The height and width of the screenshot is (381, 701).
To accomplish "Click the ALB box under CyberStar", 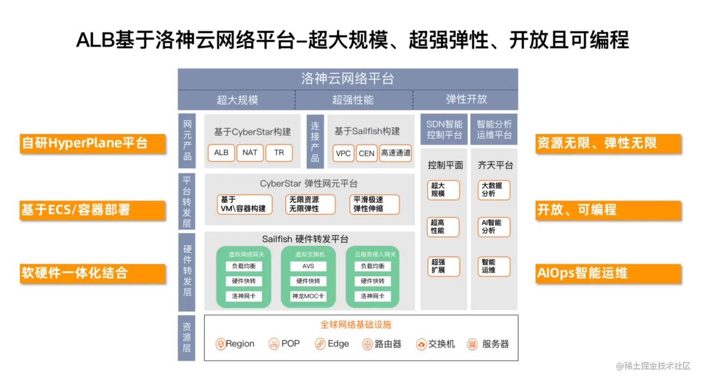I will click(x=221, y=153).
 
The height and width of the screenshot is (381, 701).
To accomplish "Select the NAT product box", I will click(x=250, y=153).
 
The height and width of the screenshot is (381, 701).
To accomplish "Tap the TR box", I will click(x=279, y=153).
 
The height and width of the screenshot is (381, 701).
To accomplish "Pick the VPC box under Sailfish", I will click(x=343, y=153).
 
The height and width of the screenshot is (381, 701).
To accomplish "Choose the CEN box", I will click(x=366, y=153).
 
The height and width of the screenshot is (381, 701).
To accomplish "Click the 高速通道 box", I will click(x=395, y=153).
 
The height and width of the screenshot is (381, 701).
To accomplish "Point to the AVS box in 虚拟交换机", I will click(x=308, y=266).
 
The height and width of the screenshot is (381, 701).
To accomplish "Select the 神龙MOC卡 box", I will click(x=308, y=296).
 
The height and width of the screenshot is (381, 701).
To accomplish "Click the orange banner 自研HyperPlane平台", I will click(x=92, y=143).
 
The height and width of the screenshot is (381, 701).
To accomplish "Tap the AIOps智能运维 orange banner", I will click(x=608, y=273).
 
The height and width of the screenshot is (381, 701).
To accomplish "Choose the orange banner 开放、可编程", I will click(x=608, y=210).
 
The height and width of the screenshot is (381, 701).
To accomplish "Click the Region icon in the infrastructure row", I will click(x=221, y=344).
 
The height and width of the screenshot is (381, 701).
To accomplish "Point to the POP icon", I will click(x=274, y=344).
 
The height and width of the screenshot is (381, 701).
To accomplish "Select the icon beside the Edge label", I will click(x=320, y=344).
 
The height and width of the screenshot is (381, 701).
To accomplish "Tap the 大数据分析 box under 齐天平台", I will click(x=494, y=190).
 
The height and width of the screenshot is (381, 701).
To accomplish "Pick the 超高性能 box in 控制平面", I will click(x=443, y=227).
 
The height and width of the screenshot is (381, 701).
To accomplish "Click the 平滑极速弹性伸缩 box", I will click(x=374, y=204).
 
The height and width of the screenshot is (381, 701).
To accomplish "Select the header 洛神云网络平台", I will click(x=348, y=79).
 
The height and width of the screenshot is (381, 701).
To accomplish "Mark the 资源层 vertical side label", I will click(x=186, y=338).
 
